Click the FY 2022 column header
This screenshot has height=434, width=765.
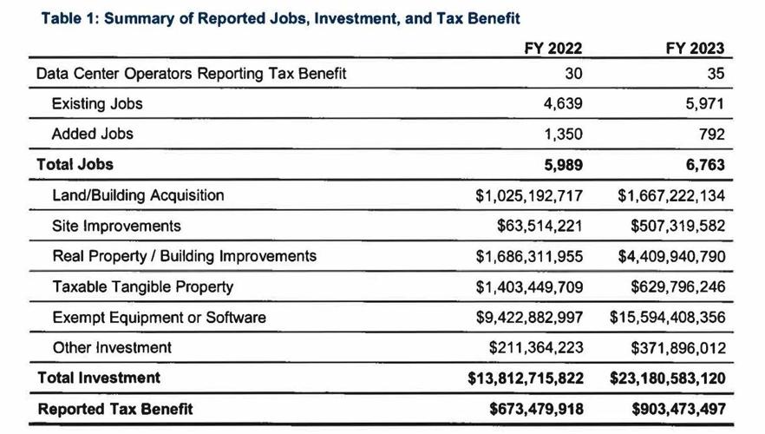click(x=552, y=49)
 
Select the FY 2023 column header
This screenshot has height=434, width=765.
click(x=695, y=49)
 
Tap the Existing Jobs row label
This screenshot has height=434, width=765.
click(x=97, y=104)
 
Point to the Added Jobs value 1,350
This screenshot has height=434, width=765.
click(x=564, y=135)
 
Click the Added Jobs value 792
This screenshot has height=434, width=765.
click(x=710, y=135)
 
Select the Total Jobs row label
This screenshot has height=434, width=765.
click(x=75, y=164)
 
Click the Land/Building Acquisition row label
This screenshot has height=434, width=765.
click(x=138, y=195)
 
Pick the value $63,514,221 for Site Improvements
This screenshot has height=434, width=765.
click(x=539, y=226)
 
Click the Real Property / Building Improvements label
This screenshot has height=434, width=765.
click(x=184, y=256)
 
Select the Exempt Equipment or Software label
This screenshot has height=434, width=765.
click(x=159, y=317)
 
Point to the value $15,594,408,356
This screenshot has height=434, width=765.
click(x=666, y=317)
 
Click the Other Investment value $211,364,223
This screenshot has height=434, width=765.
click(x=535, y=347)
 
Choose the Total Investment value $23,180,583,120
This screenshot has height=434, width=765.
click(x=665, y=378)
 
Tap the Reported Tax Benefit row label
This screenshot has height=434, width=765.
click(x=114, y=409)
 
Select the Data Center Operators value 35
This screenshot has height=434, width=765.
click(x=716, y=74)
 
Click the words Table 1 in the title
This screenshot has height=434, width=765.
click(x=69, y=17)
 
